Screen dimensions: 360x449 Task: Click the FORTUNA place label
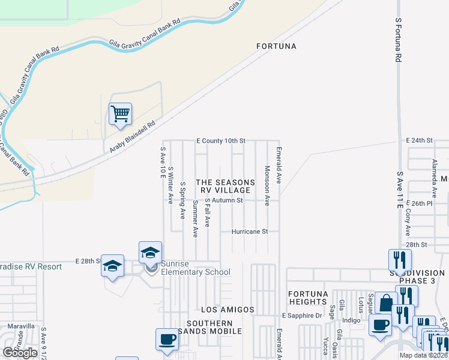276,46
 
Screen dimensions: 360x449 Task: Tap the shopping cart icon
120,114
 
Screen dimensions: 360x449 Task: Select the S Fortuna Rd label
398,40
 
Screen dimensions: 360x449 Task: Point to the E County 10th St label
221,141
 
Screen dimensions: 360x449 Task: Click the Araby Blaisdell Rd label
131,137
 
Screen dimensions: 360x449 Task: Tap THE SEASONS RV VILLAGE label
221,186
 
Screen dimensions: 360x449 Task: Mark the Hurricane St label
255,231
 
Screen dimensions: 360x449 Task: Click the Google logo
20,352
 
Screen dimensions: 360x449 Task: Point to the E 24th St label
419,140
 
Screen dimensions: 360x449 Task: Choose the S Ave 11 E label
399,190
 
